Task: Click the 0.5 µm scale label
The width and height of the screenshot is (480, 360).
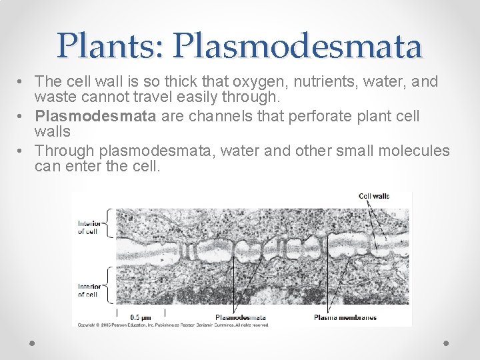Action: (140, 317)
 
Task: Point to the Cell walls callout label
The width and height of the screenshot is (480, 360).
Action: (374, 196)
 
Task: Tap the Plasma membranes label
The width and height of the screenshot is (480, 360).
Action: (345, 317)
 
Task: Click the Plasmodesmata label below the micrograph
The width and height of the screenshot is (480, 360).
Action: (241, 317)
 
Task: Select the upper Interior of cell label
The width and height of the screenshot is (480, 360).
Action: (89, 227)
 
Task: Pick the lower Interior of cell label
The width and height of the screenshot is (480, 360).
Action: (89, 290)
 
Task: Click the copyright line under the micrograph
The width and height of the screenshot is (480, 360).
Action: (173, 325)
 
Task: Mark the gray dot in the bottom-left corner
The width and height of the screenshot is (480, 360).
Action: (33, 342)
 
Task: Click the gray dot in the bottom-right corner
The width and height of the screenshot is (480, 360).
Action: (446, 342)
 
